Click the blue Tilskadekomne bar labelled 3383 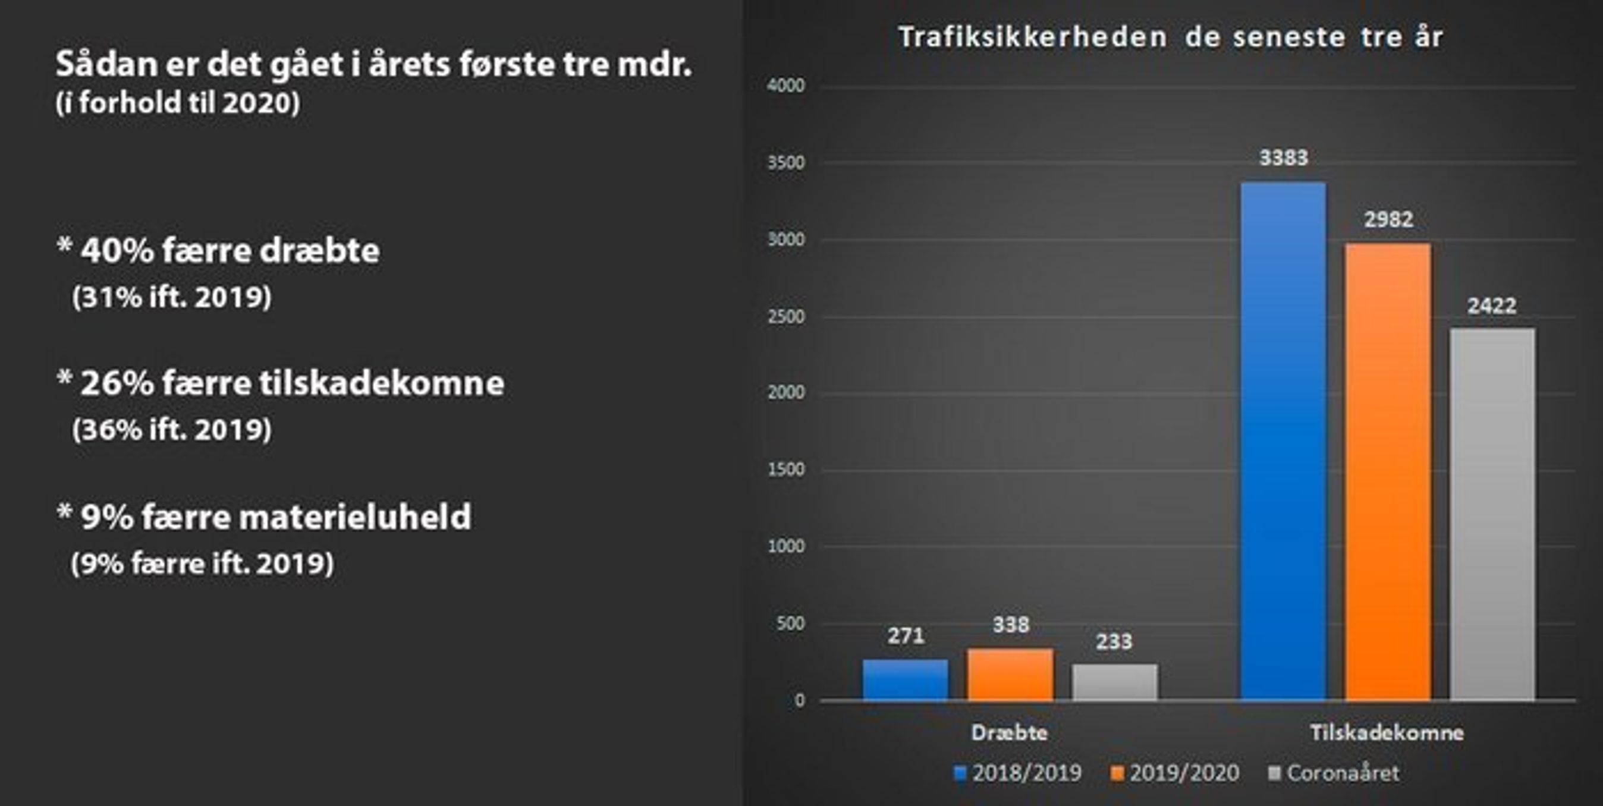coord(1283,442)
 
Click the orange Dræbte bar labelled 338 coord(1010,675)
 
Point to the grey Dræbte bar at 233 coord(1114,682)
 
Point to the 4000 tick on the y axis coord(786,86)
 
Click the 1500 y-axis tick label coord(786,470)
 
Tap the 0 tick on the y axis coord(799,700)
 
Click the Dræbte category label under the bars coord(1009,733)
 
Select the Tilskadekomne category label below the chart coord(1387,733)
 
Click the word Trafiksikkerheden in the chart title coord(1032,37)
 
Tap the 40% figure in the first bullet coord(117,251)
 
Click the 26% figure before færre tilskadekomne coord(117,383)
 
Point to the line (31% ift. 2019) coord(172,297)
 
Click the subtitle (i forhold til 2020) coord(178,103)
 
